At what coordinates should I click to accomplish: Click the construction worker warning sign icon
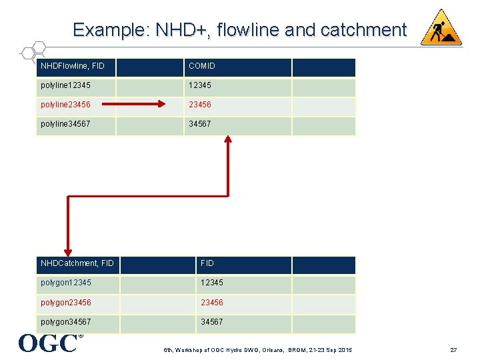[441, 28]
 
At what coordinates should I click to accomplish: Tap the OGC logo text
[48, 343]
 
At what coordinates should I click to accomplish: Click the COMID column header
[202, 67]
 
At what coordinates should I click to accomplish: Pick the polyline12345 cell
[65, 86]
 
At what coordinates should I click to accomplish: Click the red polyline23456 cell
[65, 105]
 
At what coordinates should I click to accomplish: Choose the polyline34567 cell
[65, 125]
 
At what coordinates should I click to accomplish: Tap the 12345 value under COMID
[200, 86]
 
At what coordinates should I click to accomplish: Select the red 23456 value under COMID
[200, 105]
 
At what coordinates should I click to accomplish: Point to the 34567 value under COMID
[200, 125]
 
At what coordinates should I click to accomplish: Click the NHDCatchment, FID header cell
[77, 264]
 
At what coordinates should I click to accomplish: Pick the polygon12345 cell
[66, 283]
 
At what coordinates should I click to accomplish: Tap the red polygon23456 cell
[66, 303]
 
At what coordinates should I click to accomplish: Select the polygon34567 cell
[66, 322]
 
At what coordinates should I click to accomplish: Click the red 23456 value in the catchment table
[212, 303]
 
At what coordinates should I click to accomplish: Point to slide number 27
[453, 350]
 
